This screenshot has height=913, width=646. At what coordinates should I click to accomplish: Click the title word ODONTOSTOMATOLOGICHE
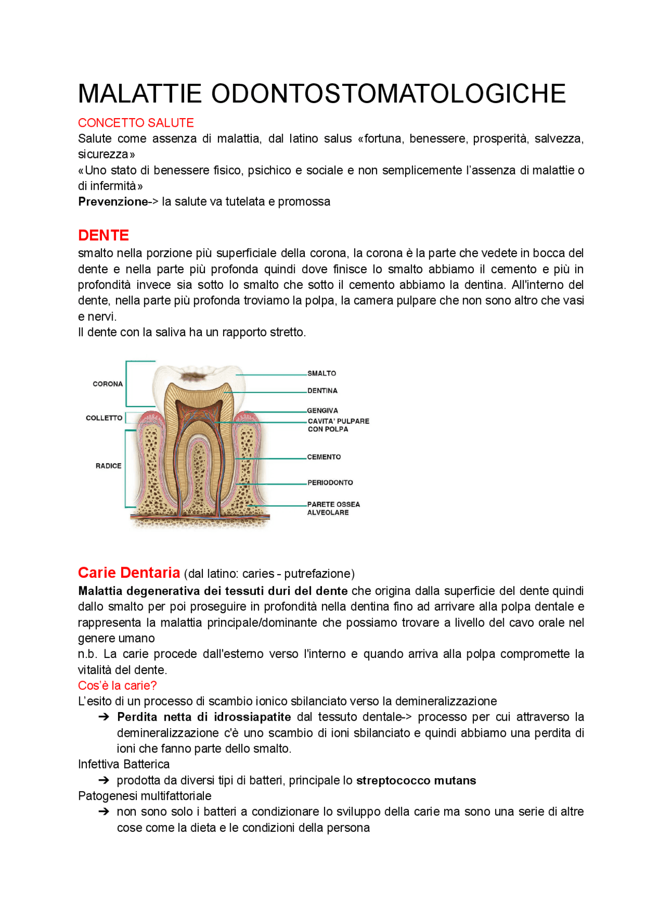(x=388, y=94)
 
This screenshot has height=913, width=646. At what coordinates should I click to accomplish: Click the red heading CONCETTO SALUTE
(x=136, y=123)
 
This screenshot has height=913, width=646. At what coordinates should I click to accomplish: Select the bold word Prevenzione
(x=113, y=201)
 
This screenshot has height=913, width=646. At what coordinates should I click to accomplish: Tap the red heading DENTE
(x=103, y=235)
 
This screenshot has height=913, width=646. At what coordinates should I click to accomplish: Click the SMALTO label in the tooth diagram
(x=321, y=373)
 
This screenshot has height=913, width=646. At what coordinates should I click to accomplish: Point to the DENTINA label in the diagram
(x=322, y=390)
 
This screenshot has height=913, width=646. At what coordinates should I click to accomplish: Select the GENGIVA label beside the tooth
(x=322, y=411)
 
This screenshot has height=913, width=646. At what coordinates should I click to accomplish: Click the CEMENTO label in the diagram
(x=324, y=456)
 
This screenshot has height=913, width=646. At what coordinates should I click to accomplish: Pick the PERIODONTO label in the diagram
(x=330, y=482)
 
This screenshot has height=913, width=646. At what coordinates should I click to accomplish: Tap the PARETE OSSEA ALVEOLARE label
(x=333, y=508)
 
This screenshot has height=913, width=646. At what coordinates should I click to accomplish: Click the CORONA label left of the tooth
(x=107, y=384)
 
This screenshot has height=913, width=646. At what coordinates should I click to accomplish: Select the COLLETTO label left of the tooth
(x=104, y=418)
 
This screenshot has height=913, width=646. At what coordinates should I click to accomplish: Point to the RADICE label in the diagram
(x=109, y=466)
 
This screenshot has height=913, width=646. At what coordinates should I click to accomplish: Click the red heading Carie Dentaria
(x=129, y=573)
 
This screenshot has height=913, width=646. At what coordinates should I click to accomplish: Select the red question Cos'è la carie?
(x=117, y=685)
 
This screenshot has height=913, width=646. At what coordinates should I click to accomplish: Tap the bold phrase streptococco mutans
(x=416, y=780)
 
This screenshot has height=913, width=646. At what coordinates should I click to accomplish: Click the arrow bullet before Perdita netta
(x=104, y=717)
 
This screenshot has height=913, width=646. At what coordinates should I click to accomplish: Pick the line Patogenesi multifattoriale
(x=144, y=796)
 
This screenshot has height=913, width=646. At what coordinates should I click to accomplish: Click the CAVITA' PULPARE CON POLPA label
(x=338, y=425)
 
